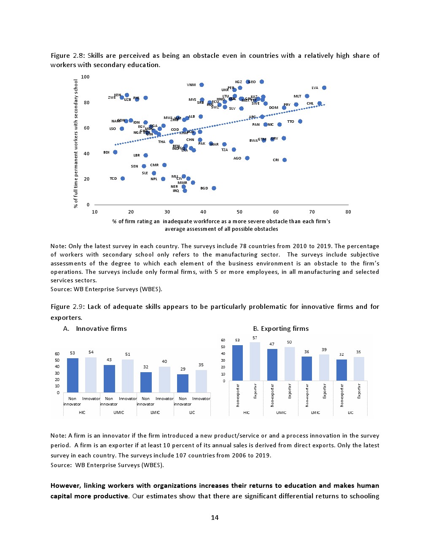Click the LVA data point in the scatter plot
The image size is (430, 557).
(324, 88)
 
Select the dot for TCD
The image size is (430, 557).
(123, 178)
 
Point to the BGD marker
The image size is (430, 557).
(214, 188)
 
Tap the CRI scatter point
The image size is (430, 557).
(285, 160)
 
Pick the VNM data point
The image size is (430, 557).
(202, 85)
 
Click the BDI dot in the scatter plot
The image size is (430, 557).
(115, 152)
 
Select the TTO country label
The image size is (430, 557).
(290, 122)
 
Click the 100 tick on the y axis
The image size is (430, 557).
(85, 77)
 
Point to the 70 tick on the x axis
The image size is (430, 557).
(312, 212)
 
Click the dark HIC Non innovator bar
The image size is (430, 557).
(73, 375)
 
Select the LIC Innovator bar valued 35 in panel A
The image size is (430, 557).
(201, 381)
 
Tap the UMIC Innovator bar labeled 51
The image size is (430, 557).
(128, 376)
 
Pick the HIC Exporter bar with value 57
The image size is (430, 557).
(255, 361)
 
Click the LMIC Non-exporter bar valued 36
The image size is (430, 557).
(306, 368)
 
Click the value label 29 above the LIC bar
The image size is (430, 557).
(183, 369)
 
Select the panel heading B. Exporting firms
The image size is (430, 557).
(281, 329)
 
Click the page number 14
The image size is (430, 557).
(215, 518)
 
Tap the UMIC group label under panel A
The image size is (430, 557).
(118, 412)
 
